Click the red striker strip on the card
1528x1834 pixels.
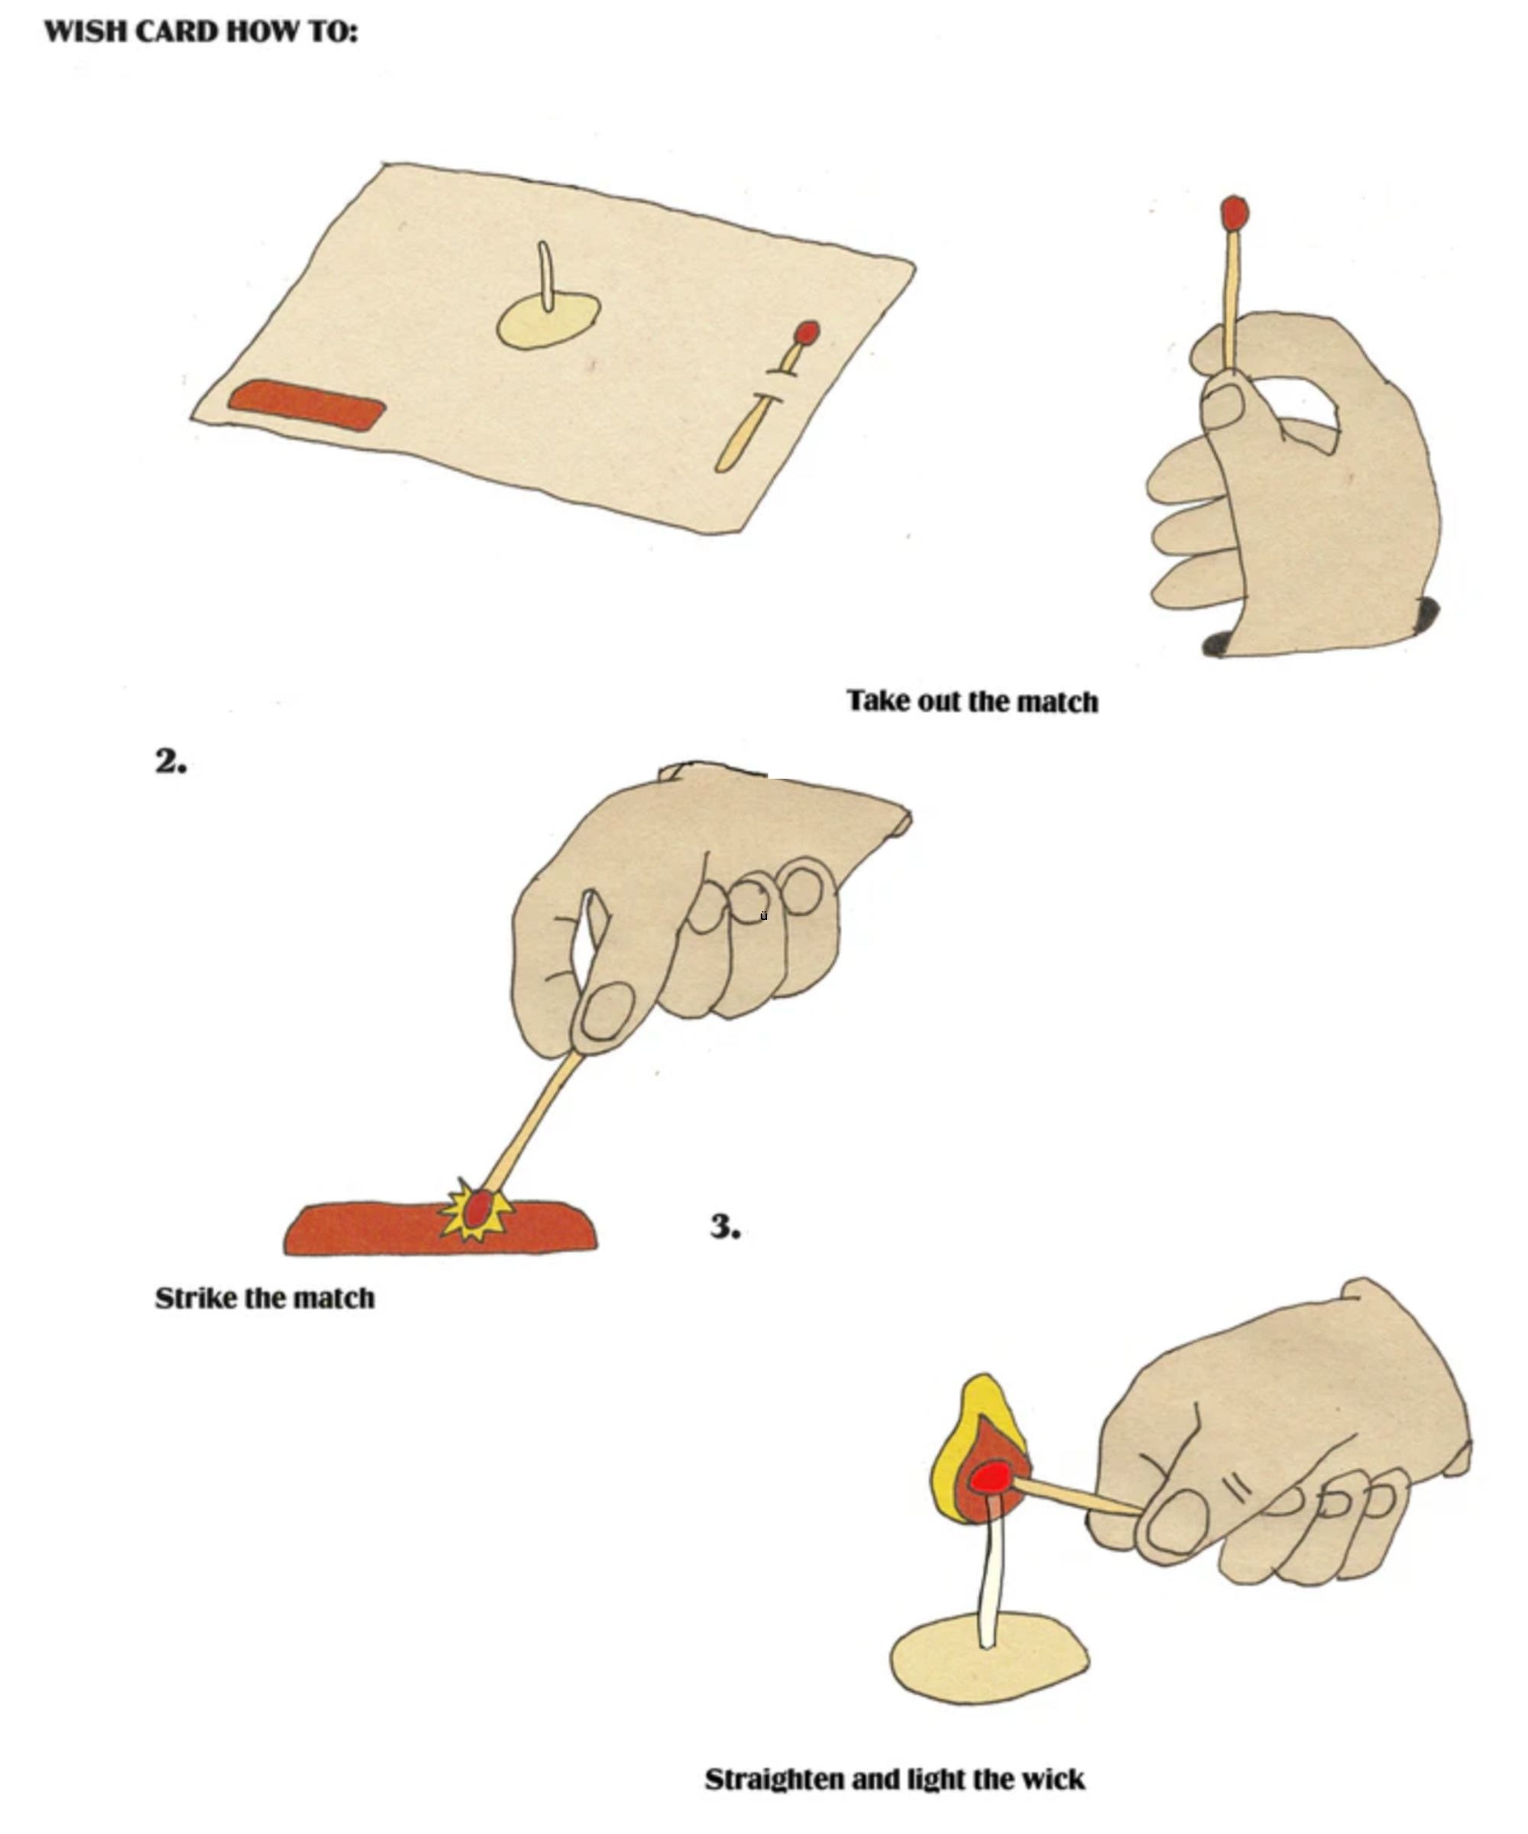point(306,405)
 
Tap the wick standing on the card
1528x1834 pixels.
point(545,275)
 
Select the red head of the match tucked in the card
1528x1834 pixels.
point(807,332)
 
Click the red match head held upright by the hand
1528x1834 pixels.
point(1234,213)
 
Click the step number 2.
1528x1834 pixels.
point(170,762)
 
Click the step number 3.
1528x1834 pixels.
point(724,1227)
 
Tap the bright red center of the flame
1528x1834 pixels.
point(990,1478)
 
